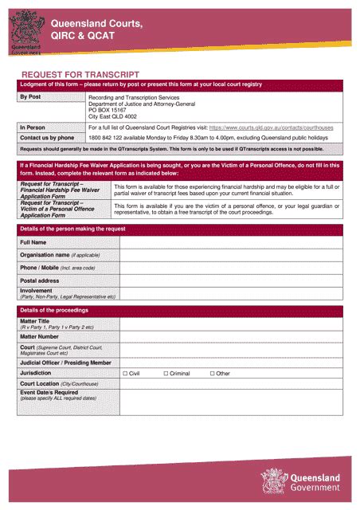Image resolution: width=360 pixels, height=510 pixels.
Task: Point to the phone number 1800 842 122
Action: coord(112,137)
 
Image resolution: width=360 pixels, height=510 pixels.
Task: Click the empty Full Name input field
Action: coord(230,242)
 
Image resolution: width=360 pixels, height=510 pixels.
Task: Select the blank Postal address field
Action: coord(230,280)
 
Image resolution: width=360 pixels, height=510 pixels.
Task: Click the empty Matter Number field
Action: coord(230,337)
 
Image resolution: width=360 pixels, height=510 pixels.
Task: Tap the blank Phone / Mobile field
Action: coord(230,268)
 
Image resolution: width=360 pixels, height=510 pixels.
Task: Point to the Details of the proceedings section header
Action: coord(54,309)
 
